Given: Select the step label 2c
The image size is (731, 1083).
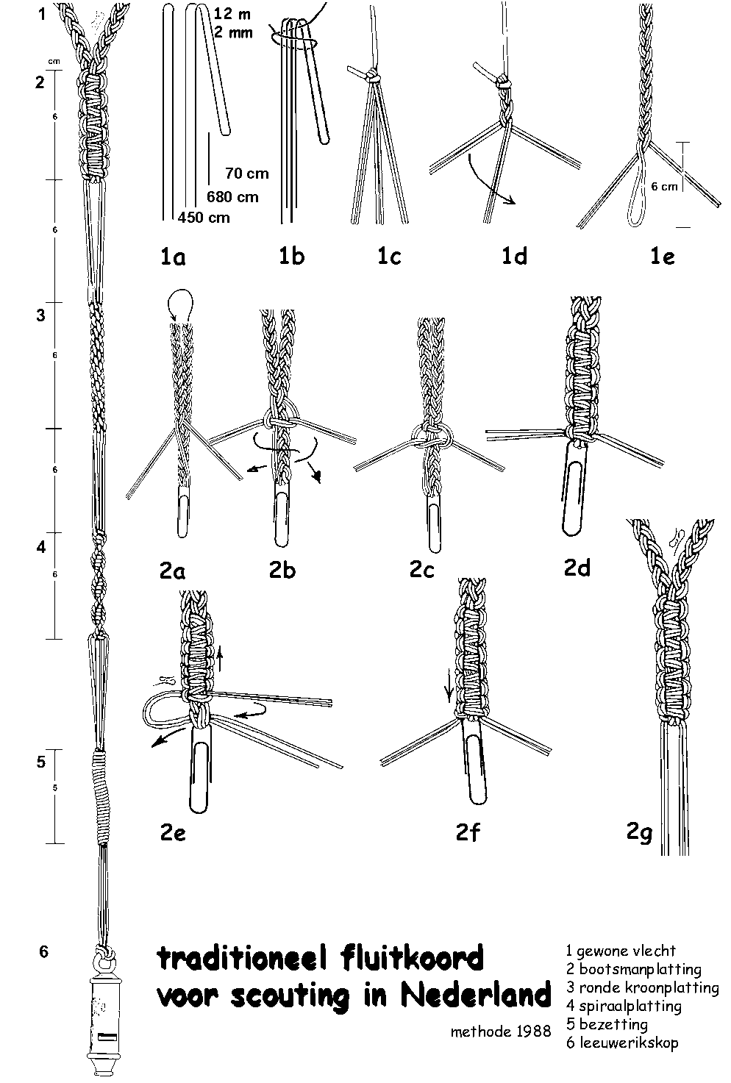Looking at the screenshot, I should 422,570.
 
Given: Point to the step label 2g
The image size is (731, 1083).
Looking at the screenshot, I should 639,833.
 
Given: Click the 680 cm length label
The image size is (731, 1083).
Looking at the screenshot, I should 232,196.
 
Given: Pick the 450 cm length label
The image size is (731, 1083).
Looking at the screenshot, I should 204,217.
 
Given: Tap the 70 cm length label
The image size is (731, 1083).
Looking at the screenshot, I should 247,174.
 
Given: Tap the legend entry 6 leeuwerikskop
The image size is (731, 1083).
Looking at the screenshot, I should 622,1043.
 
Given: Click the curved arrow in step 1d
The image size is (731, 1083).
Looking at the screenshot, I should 490,187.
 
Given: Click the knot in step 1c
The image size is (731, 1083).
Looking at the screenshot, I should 374,76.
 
